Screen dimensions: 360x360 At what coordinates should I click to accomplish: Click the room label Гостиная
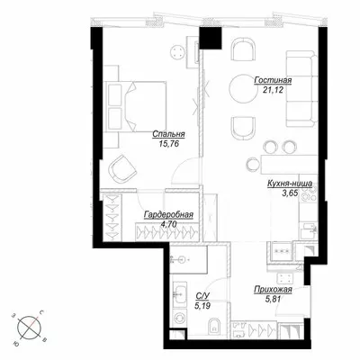pyautogui.click(x=273, y=80)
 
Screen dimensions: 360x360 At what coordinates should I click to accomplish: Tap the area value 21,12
pyautogui.click(x=273, y=90)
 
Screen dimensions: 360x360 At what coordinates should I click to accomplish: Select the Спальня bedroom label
pyautogui.click(x=168, y=134)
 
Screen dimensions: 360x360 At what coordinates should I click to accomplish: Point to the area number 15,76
pyautogui.click(x=168, y=144)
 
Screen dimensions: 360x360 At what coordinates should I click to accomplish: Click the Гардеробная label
pyautogui.click(x=168, y=215)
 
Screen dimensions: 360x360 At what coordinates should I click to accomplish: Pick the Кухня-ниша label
pyautogui.click(x=290, y=184)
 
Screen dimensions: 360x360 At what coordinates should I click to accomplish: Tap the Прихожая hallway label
pyautogui.click(x=273, y=290)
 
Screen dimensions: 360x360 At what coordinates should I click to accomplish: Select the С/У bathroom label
pyautogui.click(x=202, y=296)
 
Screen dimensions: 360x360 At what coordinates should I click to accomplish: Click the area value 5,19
pyautogui.click(x=202, y=306)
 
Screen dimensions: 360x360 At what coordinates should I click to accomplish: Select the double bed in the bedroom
pyautogui.click(x=137, y=106)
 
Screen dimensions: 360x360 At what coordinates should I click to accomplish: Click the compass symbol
pyautogui.click(x=30, y=328)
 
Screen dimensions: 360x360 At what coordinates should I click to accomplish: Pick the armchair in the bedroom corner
pyautogui.click(x=122, y=168)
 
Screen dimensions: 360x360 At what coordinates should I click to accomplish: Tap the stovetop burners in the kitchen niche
pyautogui.click(x=310, y=193)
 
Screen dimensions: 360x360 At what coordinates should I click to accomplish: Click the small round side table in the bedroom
pyautogui.click(x=177, y=52)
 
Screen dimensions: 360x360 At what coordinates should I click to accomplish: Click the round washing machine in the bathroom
pyautogui.click(x=180, y=318)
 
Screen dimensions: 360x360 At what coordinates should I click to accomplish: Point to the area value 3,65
pyautogui.click(x=290, y=193)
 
